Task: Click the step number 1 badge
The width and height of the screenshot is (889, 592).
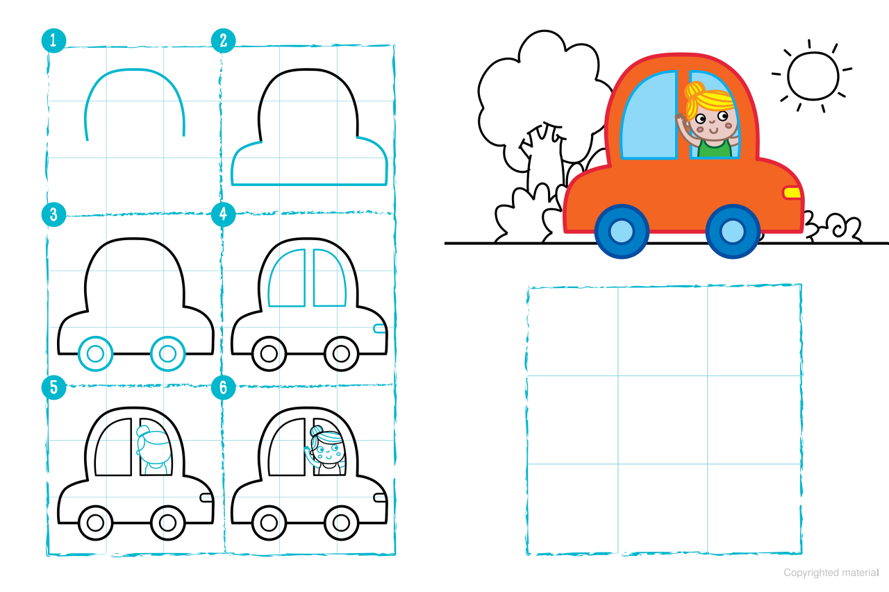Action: (53, 40)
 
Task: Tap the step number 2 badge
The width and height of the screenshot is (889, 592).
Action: (224, 40)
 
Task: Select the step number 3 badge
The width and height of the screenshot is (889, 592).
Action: (53, 214)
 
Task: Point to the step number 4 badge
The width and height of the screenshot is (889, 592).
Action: (224, 214)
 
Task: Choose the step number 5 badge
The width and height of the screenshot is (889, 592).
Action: (53, 387)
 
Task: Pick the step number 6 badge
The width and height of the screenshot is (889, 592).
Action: (224, 387)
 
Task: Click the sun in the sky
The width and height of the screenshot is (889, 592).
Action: (813, 76)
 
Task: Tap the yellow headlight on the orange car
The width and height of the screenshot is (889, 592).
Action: (791, 193)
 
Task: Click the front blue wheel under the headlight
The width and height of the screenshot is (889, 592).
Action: (733, 231)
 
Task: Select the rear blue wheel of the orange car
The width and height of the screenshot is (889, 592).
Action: (622, 231)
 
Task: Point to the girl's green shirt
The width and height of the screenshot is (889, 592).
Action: (715, 147)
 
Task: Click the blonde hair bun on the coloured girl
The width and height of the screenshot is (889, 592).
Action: (693, 91)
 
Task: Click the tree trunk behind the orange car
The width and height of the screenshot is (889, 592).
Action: (545, 159)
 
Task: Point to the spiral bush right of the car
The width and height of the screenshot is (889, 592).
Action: (833, 227)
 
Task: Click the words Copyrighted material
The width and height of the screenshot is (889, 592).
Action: (831, 573)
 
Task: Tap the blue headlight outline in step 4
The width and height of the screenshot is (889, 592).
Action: (379, 329)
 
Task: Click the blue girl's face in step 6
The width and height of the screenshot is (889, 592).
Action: (328, 450)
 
